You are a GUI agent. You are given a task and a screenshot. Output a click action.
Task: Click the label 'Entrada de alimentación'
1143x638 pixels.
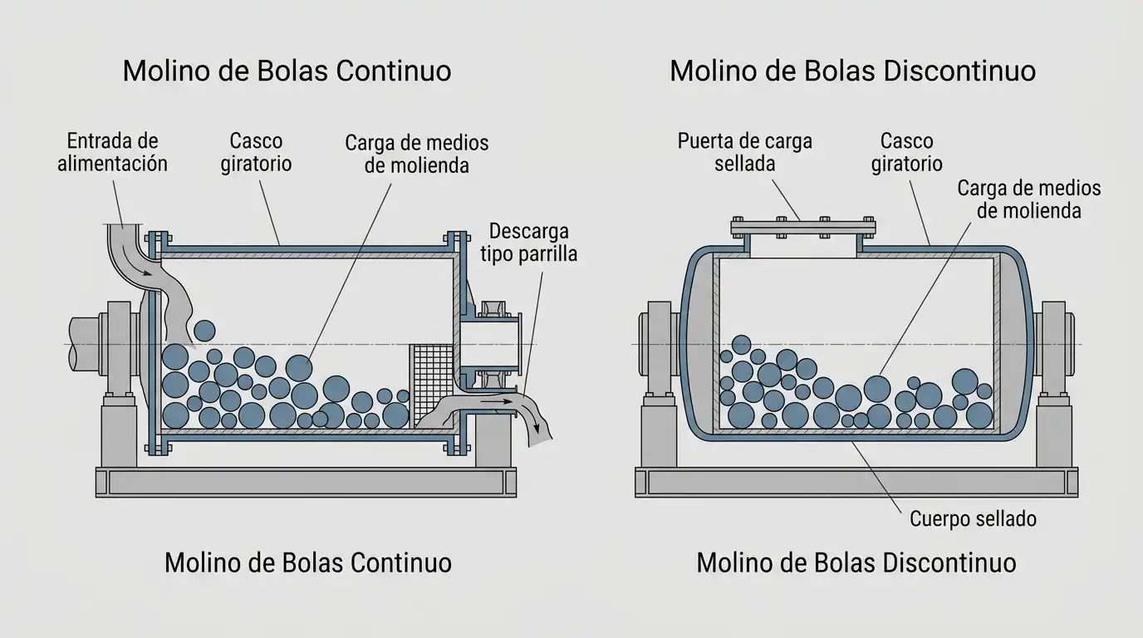click(x=112, y=152)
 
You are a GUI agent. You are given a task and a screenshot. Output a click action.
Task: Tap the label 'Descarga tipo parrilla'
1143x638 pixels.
click(x=528, y=243)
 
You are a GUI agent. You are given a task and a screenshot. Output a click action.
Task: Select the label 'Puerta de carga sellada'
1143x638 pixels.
click(x=744, y=152)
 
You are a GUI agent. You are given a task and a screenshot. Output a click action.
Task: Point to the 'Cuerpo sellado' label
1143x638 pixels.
click(x=973, y=519)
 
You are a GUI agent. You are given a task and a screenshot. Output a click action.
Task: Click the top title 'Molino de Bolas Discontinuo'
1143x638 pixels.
click(x=852, y=71)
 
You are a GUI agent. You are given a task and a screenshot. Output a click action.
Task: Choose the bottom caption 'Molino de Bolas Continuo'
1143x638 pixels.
click(x=308, y=563)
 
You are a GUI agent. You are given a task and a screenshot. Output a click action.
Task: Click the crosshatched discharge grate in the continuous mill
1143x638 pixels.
click(x=431, y=385)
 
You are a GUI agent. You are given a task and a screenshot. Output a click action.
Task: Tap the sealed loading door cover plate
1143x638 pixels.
click(x=803, y=228)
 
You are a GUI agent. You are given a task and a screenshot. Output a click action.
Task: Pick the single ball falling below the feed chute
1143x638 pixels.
click(x=204, y=331)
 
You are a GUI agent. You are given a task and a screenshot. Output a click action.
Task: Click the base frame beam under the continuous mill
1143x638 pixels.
click(x=307, y=483)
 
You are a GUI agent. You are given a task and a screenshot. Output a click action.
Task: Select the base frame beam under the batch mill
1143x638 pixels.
click(x=856, y=483)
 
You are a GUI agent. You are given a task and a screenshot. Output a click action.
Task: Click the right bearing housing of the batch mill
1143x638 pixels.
click(x=1055, y=347)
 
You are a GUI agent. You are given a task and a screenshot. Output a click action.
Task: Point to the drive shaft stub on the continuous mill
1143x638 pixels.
click(x=85, y=345)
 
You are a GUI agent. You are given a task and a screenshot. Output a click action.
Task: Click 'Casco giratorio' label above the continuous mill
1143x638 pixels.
click(x=256, y=152)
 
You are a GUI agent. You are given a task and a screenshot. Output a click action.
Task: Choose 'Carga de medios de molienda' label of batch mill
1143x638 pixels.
click(x=1028, y=199)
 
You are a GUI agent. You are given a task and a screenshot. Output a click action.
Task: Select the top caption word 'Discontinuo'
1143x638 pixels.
click(x=959, y=71)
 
